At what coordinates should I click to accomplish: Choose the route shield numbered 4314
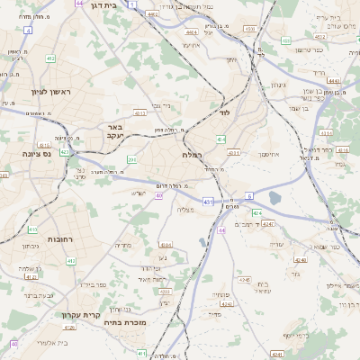pos(234,153)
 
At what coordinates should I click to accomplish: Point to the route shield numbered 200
pos(131,160)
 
